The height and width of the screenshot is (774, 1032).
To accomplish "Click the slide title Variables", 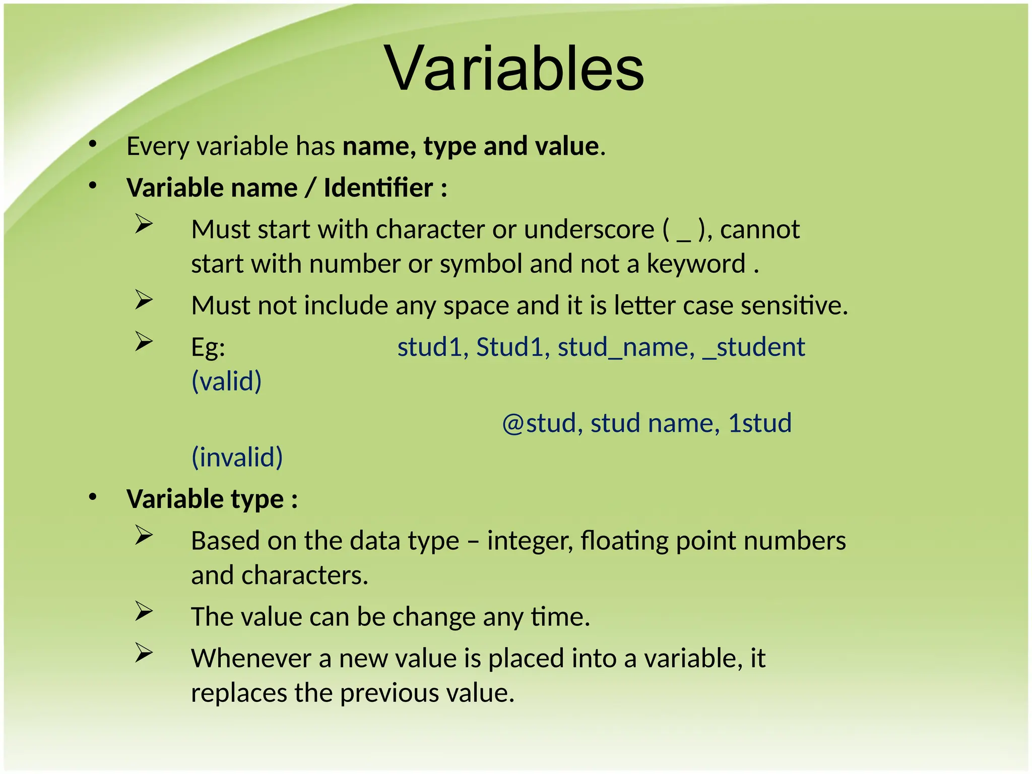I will [x=514, y=69].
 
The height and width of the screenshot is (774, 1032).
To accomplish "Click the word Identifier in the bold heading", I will [x=378, y=188].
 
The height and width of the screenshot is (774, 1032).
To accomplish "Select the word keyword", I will [x=695, y=264].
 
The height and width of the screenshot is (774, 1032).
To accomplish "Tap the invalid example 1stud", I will [x=759, y=423].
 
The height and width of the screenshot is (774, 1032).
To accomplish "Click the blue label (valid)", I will [x=226, y=381].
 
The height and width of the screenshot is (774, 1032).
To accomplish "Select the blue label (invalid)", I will [x=237, y=458].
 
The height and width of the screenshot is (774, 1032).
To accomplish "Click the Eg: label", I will [x=208, y=347].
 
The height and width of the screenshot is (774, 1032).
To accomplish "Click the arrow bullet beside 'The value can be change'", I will [x=144, y=612].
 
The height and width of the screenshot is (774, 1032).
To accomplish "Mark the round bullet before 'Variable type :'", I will [x=92, y=498].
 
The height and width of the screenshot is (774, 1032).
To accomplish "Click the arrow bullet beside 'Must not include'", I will [x=144, y=300].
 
